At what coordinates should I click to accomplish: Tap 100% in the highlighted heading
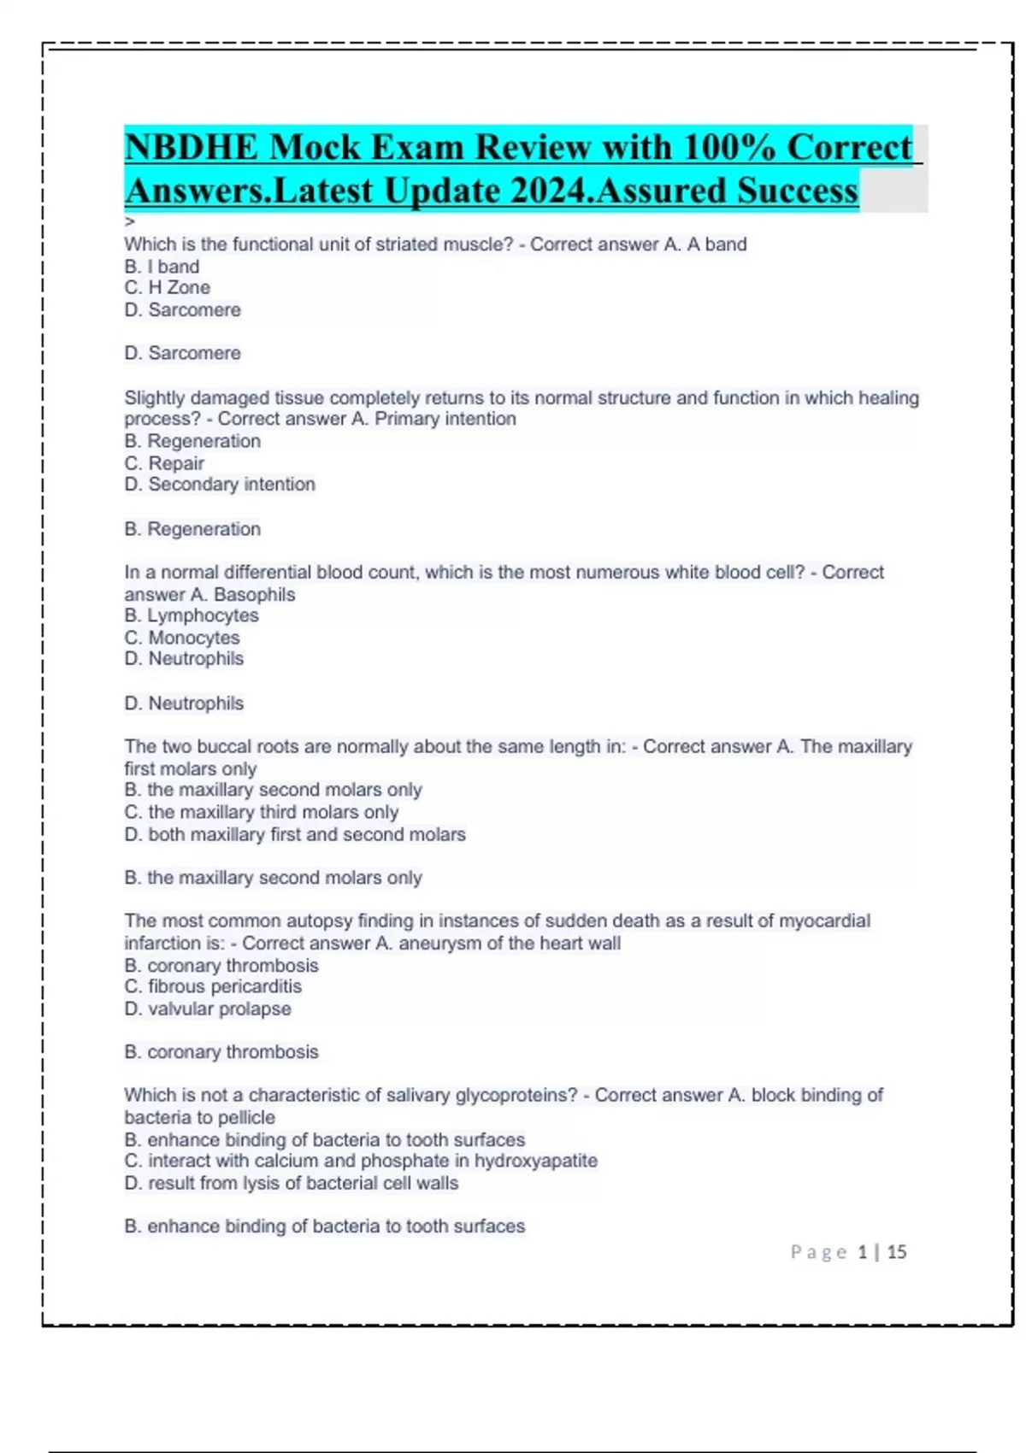point(729,147)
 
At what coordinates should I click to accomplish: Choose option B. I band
point(162,267)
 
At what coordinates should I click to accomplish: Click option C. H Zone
point(167,288)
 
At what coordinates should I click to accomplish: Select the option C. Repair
point(164,463)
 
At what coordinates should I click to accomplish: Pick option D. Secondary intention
point(220,485)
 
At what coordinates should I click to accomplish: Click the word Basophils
point(254,595)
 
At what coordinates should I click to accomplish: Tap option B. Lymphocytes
point(192,615)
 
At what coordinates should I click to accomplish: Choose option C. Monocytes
point(182,638)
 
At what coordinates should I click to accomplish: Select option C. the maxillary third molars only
point(261,812)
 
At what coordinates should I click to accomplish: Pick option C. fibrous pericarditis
point(213,987)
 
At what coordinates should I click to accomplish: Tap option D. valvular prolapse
point(208,1009)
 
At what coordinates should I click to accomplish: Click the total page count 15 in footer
point(896,1252)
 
